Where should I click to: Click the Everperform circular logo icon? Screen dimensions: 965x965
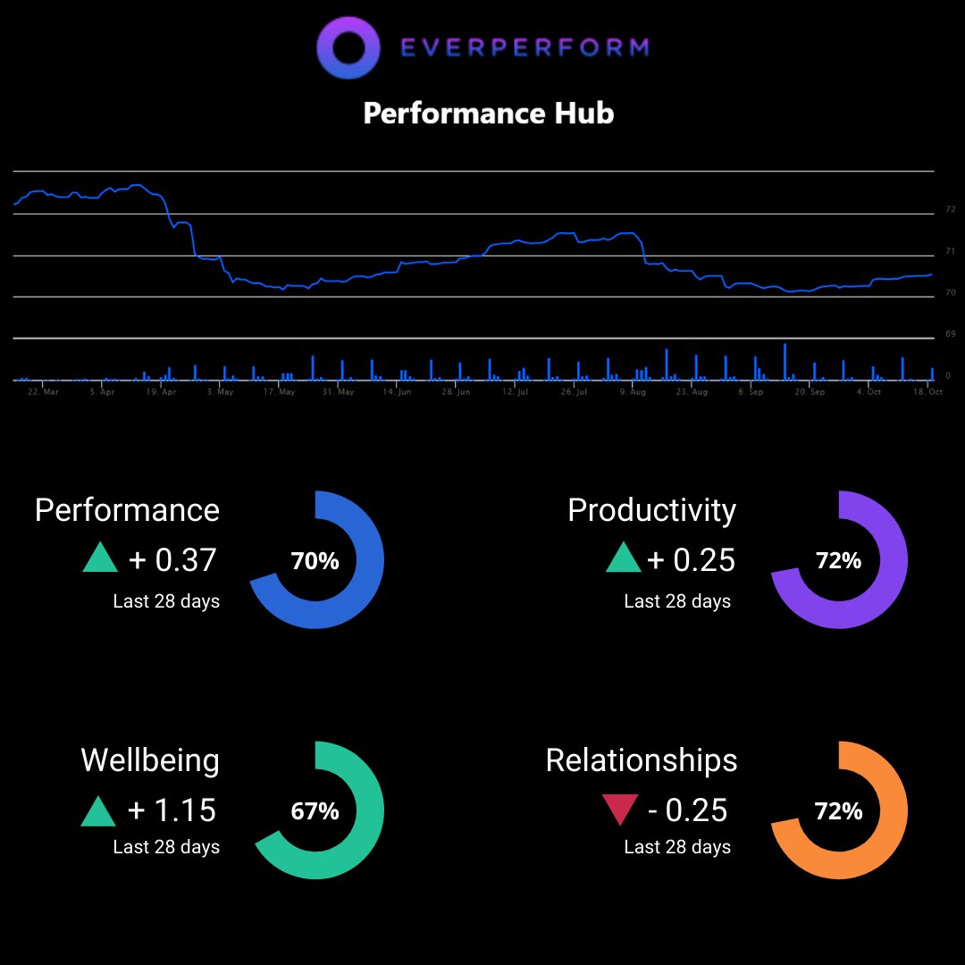tap(349, 47)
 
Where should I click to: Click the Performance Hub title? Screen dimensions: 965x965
tap(489, 113)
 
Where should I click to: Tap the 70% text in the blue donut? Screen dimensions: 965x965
tap(315, 561)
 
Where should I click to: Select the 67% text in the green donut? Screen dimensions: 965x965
tap(315, 811)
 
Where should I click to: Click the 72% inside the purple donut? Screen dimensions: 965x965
tap(838, 561)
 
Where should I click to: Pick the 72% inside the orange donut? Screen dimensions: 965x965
tap(838, 811)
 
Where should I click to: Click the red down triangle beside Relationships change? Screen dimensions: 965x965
tap(619, 810)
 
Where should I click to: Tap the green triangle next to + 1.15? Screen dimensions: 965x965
tap(99, 811)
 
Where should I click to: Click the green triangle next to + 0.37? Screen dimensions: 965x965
tap(99, 559)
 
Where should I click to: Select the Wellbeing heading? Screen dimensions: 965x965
tap(150, 760)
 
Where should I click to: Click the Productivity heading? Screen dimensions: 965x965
tap(651, 510)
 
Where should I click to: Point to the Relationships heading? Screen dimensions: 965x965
tap(642, 760)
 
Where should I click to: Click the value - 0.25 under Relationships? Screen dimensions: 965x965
tap(687, 810)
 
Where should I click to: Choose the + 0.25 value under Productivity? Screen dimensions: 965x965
tap(691, 560)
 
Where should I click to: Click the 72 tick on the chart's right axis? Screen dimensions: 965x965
tap(951, 210)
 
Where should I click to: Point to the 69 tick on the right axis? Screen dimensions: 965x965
tap(951, 334)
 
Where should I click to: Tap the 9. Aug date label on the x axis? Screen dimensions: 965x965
tap(633, 392)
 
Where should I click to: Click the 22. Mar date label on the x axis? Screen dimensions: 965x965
tap(43, 392)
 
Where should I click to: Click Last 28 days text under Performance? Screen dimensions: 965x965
tap(166, 601)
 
